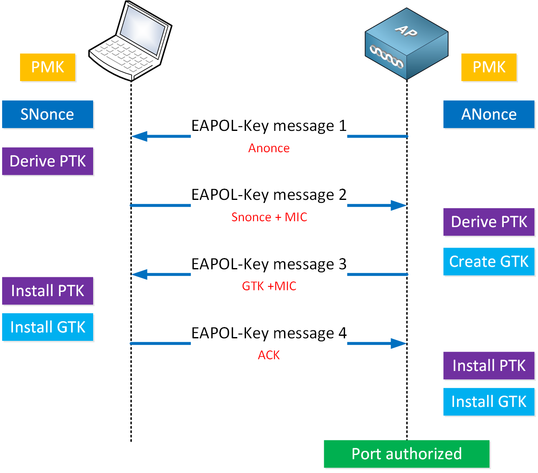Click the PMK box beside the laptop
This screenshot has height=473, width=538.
tap(48, 67)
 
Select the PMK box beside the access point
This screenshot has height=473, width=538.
tap(489, 67)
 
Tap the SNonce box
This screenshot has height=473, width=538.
tap(47, 114)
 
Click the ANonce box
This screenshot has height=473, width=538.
tap(489, 114)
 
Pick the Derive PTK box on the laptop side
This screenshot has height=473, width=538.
tap(47, 161)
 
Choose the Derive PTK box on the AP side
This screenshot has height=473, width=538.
tap(489, 222)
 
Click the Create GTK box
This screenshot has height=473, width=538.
tap(489, 261)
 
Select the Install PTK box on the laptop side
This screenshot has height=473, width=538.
tap(47, 291)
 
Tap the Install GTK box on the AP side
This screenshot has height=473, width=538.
tap(489, 401)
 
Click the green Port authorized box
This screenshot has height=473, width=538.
tap(406, 454)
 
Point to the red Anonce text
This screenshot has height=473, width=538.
tap(269, 148)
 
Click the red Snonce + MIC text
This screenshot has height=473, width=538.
tap(269, 217)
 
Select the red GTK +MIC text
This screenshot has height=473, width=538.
tap(269, 286)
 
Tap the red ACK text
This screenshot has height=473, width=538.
tap(269, 355)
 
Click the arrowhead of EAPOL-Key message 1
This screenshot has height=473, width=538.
tap(139, 136)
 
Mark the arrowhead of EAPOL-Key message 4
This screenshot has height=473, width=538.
tap(398, 344)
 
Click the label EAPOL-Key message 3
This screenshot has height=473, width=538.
tap(269, 264)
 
